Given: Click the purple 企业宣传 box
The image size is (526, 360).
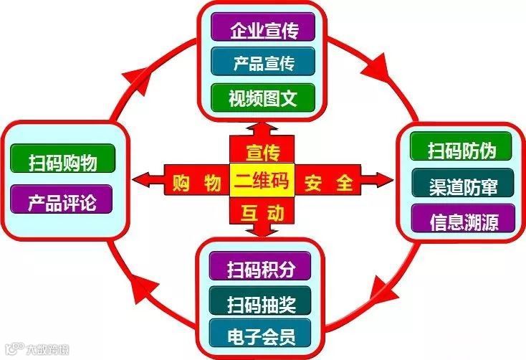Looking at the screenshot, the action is pos(264,29).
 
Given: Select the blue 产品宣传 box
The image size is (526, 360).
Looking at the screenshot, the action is pos(264,62).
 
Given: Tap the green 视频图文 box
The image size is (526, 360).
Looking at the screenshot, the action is pos(264,95).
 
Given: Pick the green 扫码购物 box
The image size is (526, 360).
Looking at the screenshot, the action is pos(62,158).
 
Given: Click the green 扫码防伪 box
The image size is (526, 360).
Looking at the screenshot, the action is pos(462,150).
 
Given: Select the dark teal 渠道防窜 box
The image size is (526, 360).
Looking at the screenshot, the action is pos(462,184).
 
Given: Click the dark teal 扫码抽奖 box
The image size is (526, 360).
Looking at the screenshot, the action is pos(260,300).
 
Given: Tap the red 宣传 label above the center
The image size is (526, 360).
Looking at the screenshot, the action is pos(262,151).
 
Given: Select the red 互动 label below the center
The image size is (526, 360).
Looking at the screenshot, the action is pos(262,212).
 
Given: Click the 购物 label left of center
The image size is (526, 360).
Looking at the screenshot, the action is pos(196,182).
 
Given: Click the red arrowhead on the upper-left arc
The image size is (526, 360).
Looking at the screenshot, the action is pos(143,72).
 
